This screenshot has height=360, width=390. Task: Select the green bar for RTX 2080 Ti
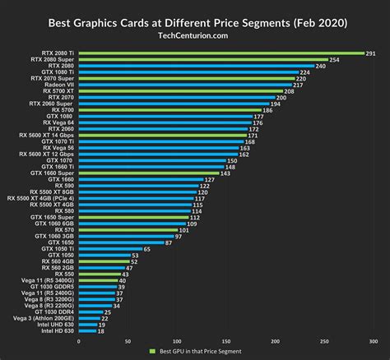pos(221,53)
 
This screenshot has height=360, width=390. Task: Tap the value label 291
pos(371,53)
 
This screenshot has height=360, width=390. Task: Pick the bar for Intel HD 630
pos(86,331)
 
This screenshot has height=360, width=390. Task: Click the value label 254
pos(334,60)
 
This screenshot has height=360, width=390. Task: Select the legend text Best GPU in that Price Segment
pos(197,352)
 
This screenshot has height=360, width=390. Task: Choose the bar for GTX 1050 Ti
pos(109,248)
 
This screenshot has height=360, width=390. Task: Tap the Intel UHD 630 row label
pos(54,325)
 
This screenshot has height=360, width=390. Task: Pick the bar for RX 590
pos(137,186)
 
